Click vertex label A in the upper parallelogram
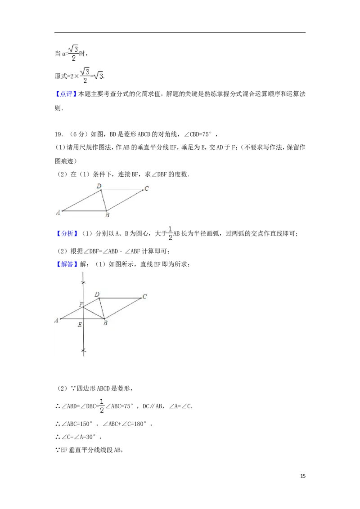(58, 212)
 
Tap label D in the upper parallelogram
(99, 185)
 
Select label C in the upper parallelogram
(146, 188)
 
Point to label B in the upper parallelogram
(107, 215)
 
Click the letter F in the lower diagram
(81, 304)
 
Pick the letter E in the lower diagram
(80, 325)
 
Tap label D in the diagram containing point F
(97, 294)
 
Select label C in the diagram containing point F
(144, 296)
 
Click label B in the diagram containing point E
(105, 323)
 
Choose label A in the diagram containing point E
(57, 320)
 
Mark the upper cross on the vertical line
(83, 282)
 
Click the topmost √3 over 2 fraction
(72, 53)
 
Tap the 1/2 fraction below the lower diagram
(102, 405)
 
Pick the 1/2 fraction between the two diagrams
(170, 232)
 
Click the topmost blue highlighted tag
(66, 94)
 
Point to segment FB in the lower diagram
(94, 313)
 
